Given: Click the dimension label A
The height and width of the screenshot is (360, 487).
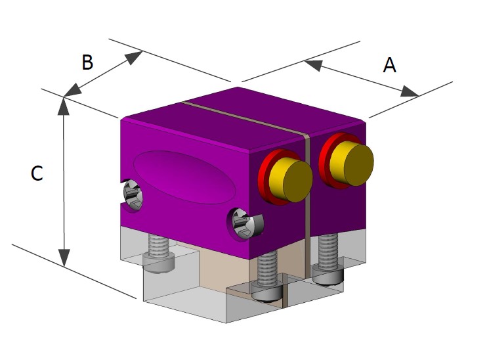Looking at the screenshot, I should click(x=390, y=65).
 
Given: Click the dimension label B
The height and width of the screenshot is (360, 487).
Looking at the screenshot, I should click(x=87, y=62).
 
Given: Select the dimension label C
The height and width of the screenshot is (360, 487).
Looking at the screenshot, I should click(x=37, y=173).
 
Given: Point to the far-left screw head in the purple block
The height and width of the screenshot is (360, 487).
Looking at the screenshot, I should click(x=131, y=195).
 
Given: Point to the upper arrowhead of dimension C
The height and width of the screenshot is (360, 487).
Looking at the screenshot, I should click(x=64, y=106).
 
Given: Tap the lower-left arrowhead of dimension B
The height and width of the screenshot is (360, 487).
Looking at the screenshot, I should click(x=72, y=90).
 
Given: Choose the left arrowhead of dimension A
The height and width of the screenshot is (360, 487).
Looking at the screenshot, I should click(x=313, y=64).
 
